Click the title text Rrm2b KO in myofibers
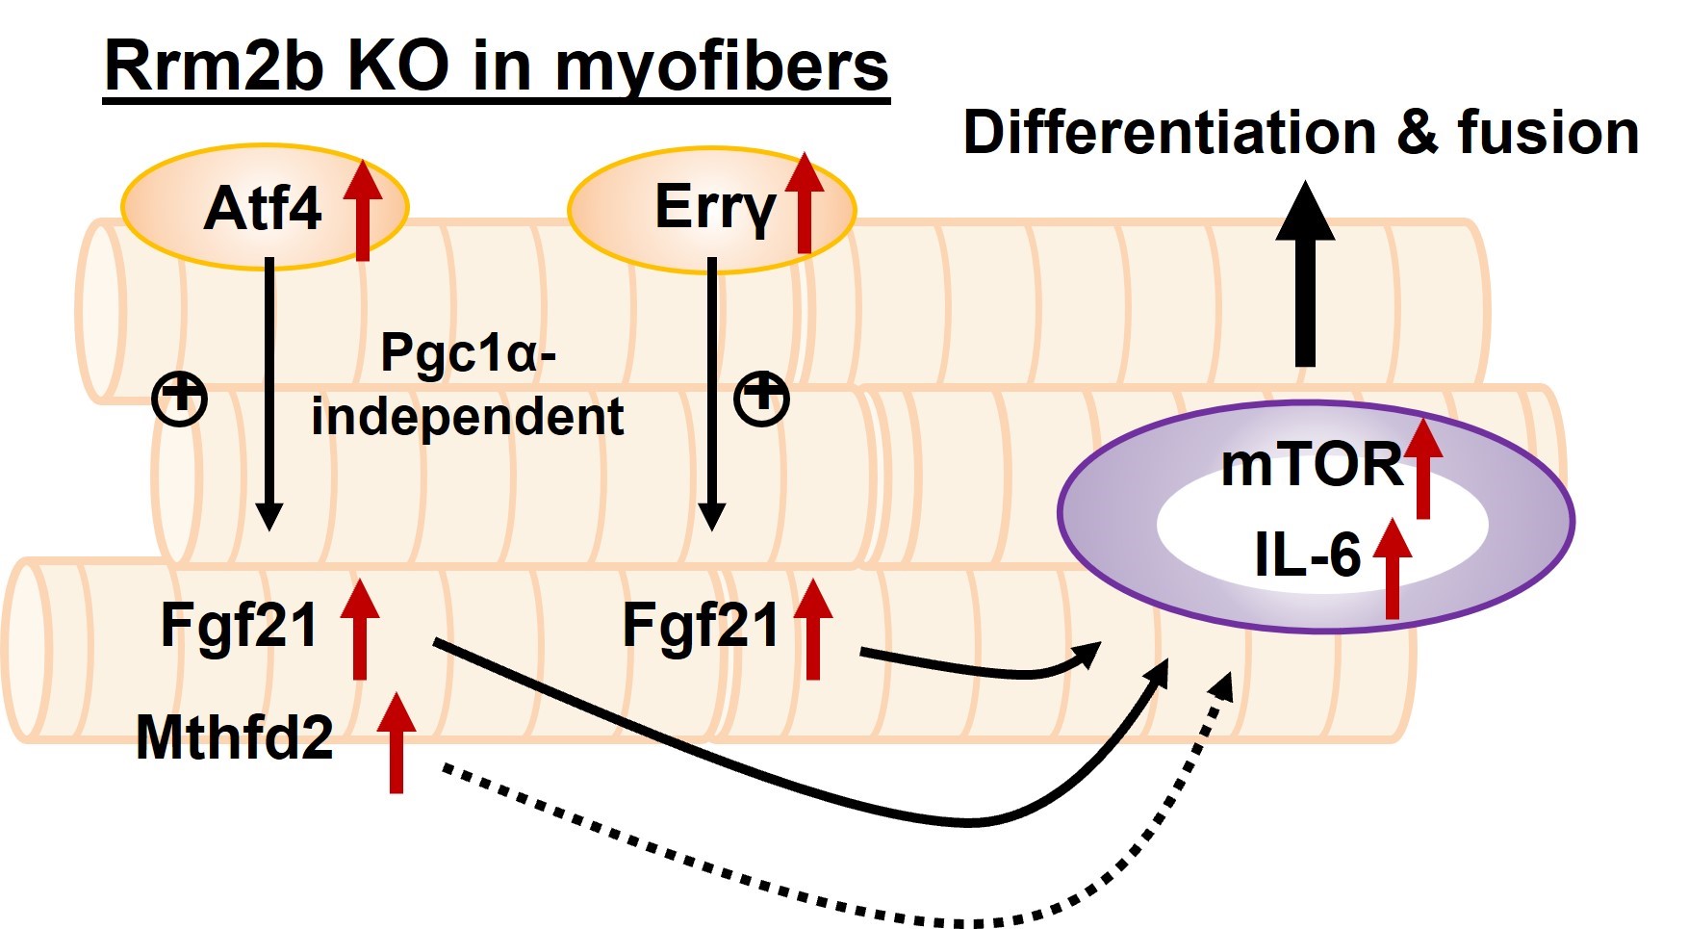click(x=496, y=67)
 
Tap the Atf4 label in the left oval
click(x=262, y=208)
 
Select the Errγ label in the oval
click(x=714, y=208)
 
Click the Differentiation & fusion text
click(x=1301, y=132)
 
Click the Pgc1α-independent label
click(x=468, y=385)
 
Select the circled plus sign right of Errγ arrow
click(x=761, y=399)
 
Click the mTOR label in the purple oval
click(x=1312, y=465)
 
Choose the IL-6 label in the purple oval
click(x=1307, y=555)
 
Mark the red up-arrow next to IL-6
click(x=1392, y=568)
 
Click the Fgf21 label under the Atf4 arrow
click(x=239, y=626)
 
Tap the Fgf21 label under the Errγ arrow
click(x=701, y=626)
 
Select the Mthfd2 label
click(x=235, y=737)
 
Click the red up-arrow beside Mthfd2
click(x=396, y=742)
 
